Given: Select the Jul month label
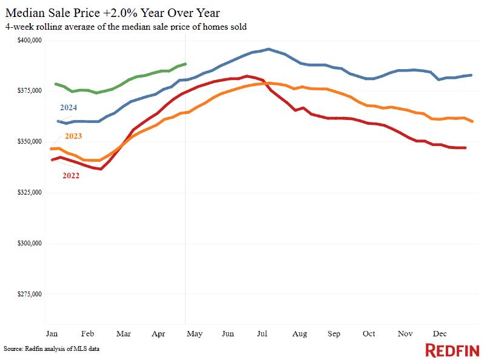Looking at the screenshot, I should click(263, 333).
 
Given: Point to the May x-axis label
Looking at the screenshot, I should click(193, 333).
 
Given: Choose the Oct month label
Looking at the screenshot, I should click(368, 333).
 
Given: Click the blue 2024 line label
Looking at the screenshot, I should click(67, 107).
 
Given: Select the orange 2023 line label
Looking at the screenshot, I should click(70, 136).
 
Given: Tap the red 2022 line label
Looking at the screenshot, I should click(71, 175).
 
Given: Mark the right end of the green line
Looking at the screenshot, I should click(186, 64).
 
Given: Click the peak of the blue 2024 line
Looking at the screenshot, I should click(269, 49).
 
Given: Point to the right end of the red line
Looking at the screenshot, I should click(465, 148).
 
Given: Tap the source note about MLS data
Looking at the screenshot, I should click(52, 349).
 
